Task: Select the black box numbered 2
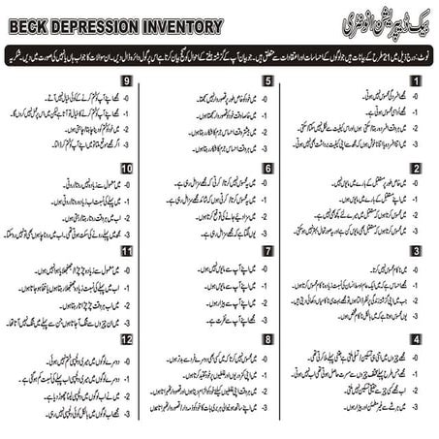[x=415, y=169]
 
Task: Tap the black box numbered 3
[x=415, y=251]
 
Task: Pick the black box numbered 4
[x=415, y=340]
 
